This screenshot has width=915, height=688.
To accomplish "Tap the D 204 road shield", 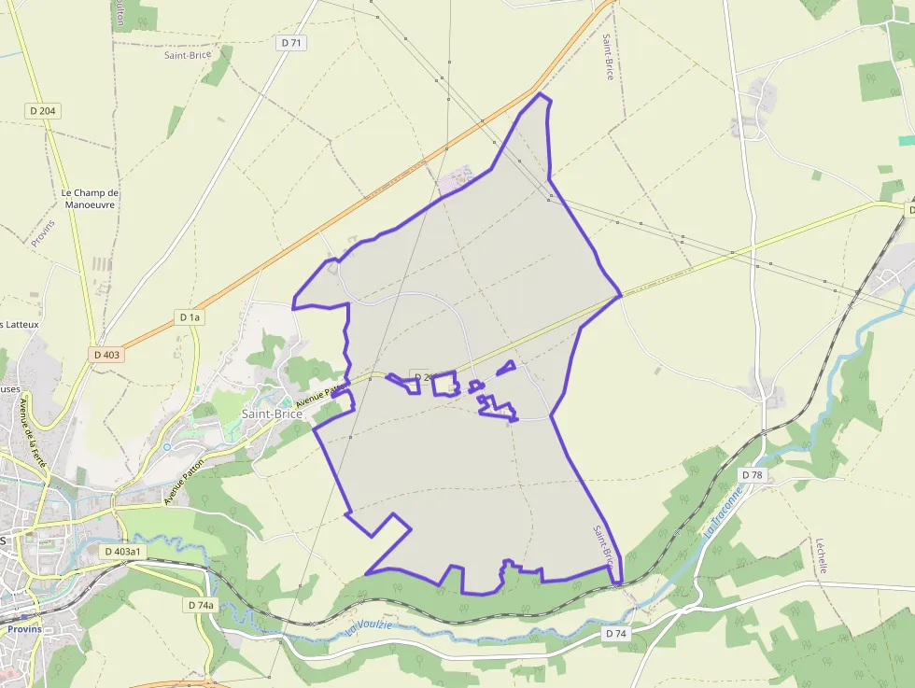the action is click(43, 110).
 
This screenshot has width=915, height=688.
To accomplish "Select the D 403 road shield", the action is click(107, 355).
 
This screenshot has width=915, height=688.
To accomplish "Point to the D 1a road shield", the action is click(190, 317).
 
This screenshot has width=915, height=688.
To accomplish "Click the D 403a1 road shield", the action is click(122, 552).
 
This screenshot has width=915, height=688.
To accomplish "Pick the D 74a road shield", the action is click(200, 605).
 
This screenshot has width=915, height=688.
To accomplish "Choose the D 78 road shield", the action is click(752, 475).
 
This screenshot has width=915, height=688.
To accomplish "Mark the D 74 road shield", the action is click(614, 634).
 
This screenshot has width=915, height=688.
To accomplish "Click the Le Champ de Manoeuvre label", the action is click(90, 199).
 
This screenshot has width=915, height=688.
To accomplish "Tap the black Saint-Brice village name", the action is click(272, 413).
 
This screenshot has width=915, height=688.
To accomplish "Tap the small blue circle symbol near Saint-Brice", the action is click(167, 447).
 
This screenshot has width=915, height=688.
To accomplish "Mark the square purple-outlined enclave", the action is click(444, 384).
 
